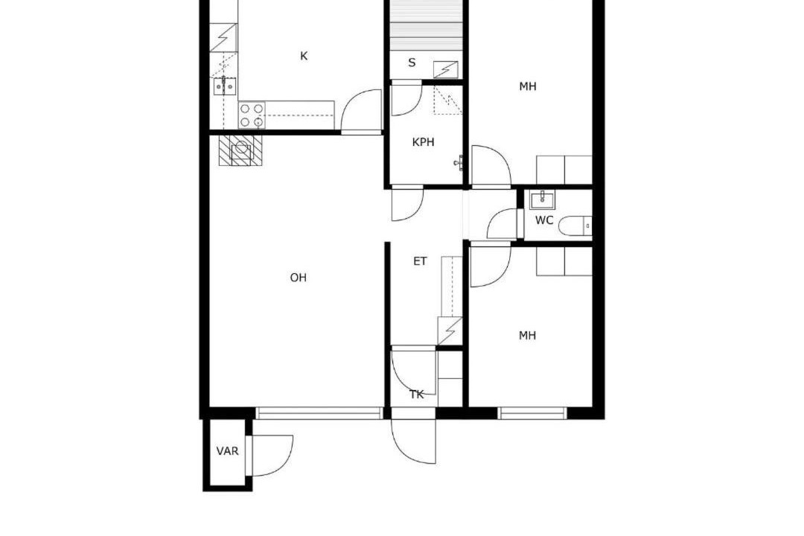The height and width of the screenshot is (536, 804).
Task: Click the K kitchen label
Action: (x=304, y=56)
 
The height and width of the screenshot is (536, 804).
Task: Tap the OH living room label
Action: (x=299, y=278)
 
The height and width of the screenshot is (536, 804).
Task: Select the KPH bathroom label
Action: (x=423, y=142)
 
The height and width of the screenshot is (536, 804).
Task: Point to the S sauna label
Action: (x=412, y=63)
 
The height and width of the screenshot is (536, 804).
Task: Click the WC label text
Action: (x=544, y=220)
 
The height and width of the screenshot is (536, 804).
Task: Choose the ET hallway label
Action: (x=420, y=261)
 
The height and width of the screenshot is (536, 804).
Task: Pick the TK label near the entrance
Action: (x=417, y=395)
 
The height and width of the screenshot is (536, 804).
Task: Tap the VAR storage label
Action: (x=227, y=451)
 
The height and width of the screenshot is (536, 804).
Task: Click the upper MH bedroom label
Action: (x=528, y=86)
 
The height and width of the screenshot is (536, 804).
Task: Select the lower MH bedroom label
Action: (x=528, y=336)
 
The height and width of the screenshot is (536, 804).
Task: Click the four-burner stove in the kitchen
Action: (x=252, y=115)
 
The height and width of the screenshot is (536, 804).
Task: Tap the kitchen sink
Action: (x=225, y=86)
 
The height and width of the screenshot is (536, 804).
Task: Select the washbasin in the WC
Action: (x=542, y=200)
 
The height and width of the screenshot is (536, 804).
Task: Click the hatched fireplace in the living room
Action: (x=241, y=150)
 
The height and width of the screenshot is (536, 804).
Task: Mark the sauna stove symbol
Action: (x=446, y=69)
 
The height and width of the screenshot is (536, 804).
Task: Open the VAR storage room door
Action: (x=269, y=456)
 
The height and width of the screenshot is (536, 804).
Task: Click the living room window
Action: (x=319, y=413)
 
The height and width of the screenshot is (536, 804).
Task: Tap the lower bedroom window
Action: (x=532, y=413)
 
